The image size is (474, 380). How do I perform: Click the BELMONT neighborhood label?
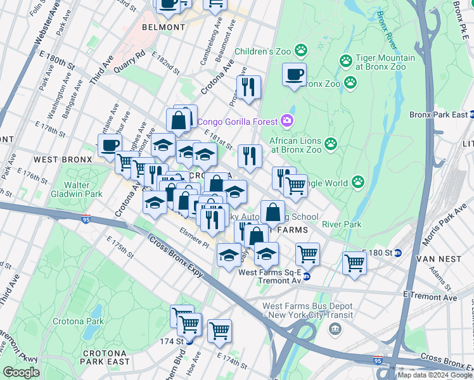point(163,28)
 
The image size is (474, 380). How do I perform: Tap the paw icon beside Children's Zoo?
point(302,49)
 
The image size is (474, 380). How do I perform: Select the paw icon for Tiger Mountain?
point(346,61)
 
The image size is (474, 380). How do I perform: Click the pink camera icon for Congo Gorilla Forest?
point(287,120)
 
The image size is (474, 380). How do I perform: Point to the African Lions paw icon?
point(331,144)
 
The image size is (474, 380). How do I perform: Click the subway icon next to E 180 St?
point(398,253)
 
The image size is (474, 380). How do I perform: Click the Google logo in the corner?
point(21,372)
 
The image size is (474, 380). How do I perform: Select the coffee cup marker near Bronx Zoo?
point(294,75)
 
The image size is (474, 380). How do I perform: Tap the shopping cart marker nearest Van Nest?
point(354,262)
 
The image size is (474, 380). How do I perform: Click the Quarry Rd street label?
point(131,63)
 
